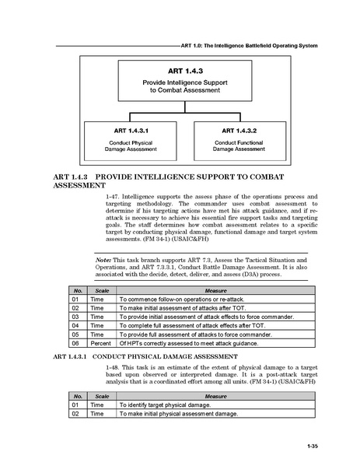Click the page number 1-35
pos(313,445)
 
